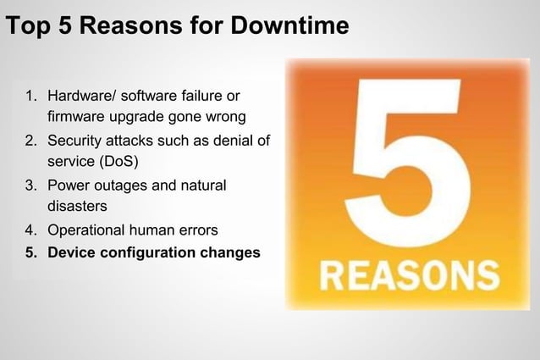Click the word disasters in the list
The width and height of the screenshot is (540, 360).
coord(77,204)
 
